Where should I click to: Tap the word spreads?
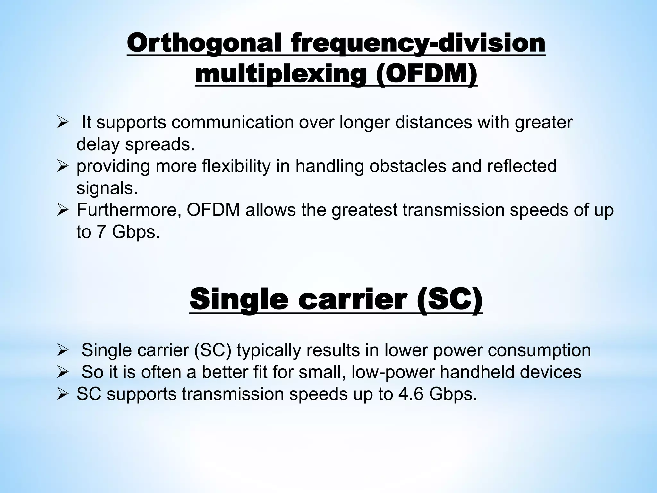160,144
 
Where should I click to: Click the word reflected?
520,166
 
